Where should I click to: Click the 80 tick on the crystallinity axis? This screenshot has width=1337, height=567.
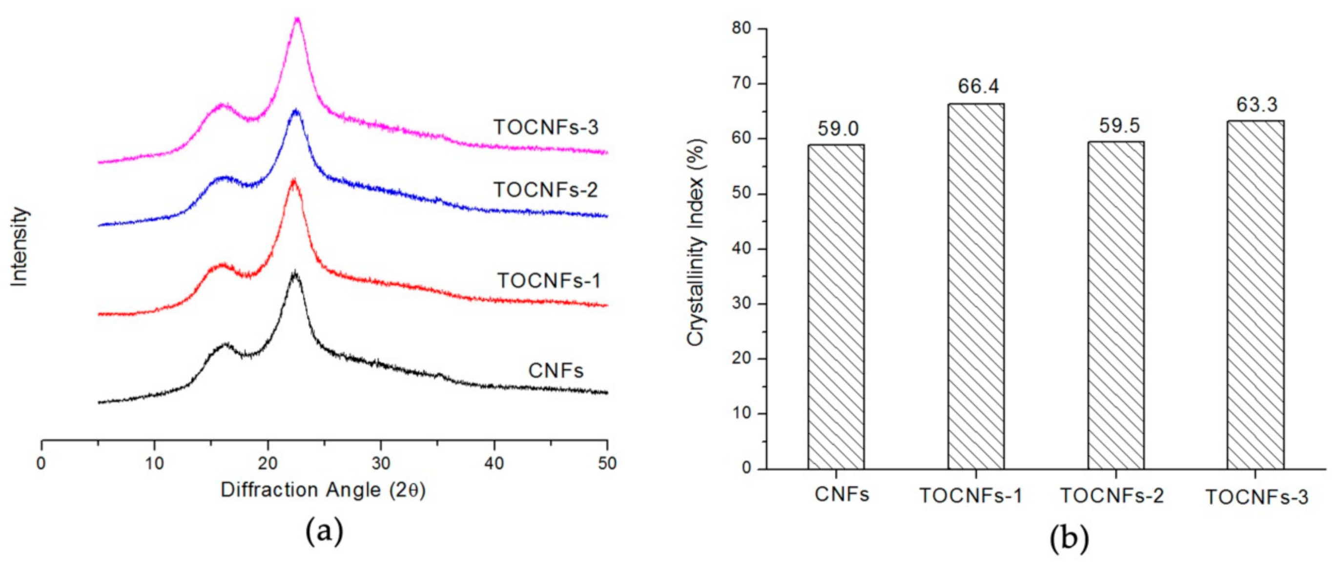tap(741, 28)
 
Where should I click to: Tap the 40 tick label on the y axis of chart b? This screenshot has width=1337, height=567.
tap(741, 249)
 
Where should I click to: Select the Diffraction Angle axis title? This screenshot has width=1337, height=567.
tap(323, 490)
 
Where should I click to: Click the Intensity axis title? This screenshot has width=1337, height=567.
tap(19, 247)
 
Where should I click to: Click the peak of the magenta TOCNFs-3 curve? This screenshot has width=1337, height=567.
tap(297, 20)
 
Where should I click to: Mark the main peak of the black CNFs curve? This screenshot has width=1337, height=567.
tap(295, 273)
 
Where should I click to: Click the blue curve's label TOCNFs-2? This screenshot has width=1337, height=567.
tap(546, 190)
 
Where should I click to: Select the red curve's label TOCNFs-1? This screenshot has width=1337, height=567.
tap(549, 281)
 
